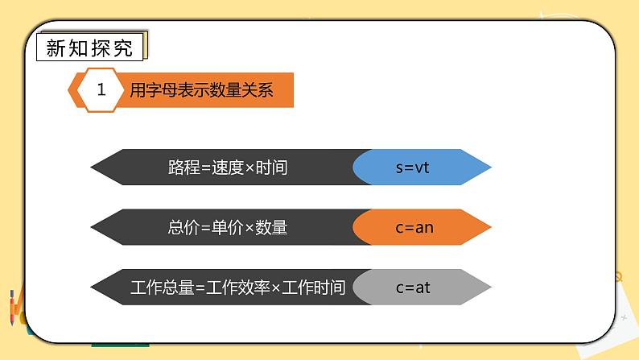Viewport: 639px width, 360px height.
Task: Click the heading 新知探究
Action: click(89, 48)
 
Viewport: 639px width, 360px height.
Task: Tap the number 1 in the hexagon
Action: click(101, 90)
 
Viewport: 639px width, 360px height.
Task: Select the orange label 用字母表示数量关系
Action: click(201, 90)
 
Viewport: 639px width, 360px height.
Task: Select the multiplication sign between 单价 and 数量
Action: click(249, 228)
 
